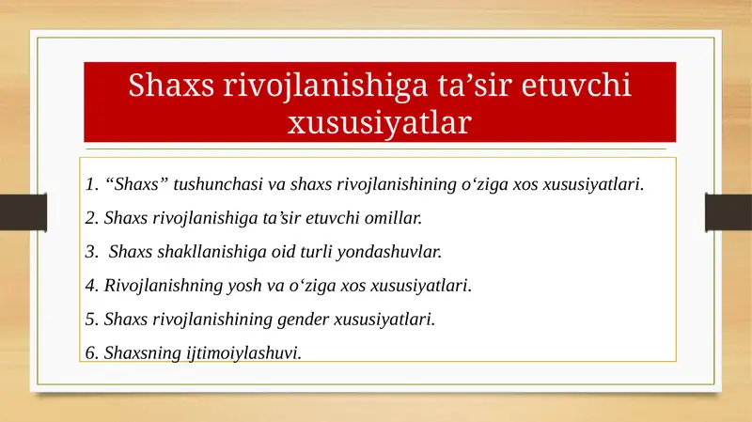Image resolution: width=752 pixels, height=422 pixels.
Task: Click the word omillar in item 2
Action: point(396,218)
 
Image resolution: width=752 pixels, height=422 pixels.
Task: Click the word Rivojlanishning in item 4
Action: point(153,285)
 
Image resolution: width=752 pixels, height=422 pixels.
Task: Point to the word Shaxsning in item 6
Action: point(137,352)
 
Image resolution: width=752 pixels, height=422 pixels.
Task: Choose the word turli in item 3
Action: point(319,252)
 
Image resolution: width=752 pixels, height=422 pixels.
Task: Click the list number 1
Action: point(89,183)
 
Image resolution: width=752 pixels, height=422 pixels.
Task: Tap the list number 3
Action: point(89,252)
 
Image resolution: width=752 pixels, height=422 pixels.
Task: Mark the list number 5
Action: point(89,319)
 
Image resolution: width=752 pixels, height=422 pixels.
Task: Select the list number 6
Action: point(89,352)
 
